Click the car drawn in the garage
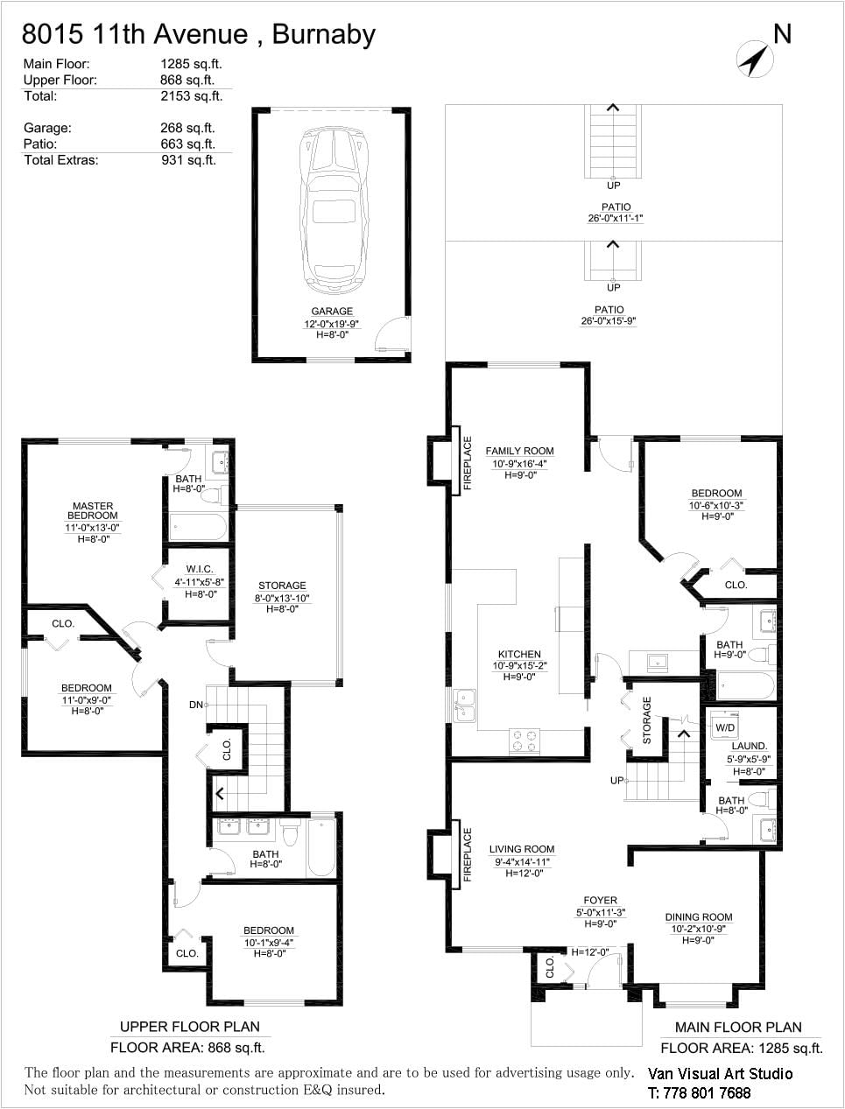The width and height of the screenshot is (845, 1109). pyautogui.click(x=334, y=211)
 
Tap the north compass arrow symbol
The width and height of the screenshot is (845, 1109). pyautogui.click(x=754, y=60)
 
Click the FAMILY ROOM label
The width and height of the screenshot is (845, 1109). pyautogui.click(x=519, y=451)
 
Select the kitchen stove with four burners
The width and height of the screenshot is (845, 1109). pyautogui.click(x=525, y=741)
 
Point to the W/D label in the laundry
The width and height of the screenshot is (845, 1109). pyautogui.click(x=725, y=727)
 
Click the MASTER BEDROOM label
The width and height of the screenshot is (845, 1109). pyautogui.click(x=93, y=510)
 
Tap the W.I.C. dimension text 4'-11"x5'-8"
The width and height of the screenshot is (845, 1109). pyautogui.click(x=199, y=582)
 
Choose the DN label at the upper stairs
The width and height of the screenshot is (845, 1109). pyautogui.click(x=195, y=705)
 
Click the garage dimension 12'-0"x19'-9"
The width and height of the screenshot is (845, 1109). pyautogui.click(x=332, y=324)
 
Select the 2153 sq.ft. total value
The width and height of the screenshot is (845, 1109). pyautogui.click(x=192, y=96)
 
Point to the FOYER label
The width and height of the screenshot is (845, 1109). pyautogui.click(x=600, y=901)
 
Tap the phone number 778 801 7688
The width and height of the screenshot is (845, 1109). pyautogui.click(x=707, y=1093)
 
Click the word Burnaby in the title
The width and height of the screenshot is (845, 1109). pyautogui.click(x=324, y=35)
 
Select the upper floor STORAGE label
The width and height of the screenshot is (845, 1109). pyautogui.click(x=282, y=586)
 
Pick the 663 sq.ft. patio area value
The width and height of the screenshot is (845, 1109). pyautogui.click(x=188, y=144)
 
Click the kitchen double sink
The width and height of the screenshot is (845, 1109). pyautogui.click(x=464, y=705)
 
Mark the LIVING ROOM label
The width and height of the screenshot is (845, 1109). pyautogui.click(x=522, y=849)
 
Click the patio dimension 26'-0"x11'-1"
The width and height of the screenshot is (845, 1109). pyautogui.click(x=615, y=218)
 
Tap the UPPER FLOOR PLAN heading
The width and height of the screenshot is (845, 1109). pyautogui.click(x=189, y=1027)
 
